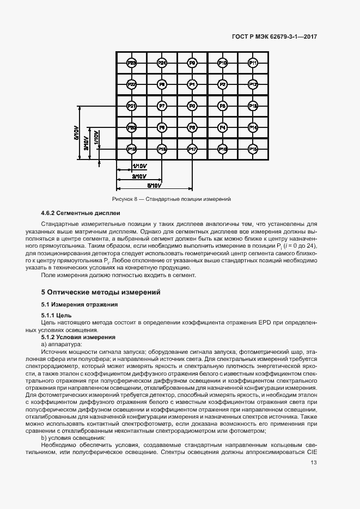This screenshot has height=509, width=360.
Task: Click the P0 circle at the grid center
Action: click(192, 106)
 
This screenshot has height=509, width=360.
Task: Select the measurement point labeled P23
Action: click(131, 63)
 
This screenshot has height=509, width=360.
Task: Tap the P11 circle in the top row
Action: click(253, 63)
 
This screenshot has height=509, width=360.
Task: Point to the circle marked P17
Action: click(192, 148)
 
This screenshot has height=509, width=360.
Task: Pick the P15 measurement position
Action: click(253, 148)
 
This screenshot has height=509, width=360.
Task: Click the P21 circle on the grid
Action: click(131, 106)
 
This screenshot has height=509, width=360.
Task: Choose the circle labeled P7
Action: click(162, 106)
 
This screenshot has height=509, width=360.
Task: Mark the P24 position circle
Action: click(162, 63)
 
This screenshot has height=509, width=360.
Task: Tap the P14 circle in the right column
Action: click(253, 127)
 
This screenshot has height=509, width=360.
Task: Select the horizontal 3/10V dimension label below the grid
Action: click(139, 176)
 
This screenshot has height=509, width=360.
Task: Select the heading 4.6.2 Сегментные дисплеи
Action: click(81, 212)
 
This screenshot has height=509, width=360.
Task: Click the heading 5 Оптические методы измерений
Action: click(101, 292)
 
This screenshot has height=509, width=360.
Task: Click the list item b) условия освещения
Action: click(74, 438)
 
